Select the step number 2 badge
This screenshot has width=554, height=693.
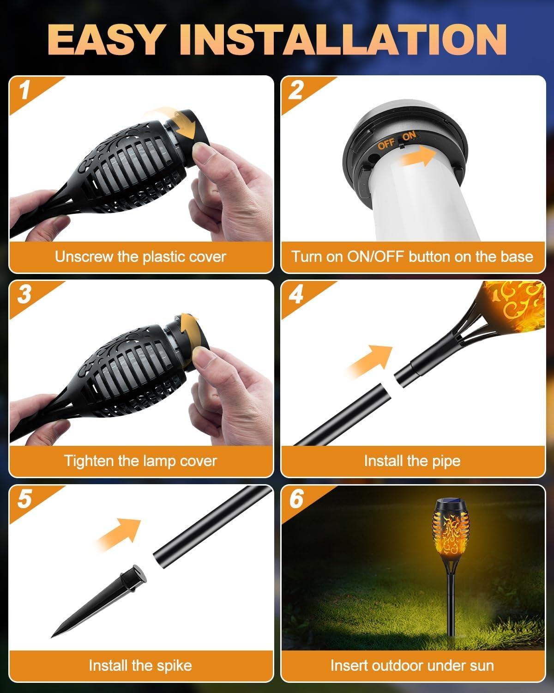click(x=295, y=90)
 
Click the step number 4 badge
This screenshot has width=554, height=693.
click(x=295, y=294)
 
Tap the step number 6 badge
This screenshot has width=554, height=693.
click(x=296, y=499)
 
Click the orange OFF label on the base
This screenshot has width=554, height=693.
click(x=386, y=144)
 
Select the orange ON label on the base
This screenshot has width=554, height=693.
click(x=409, y=136)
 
